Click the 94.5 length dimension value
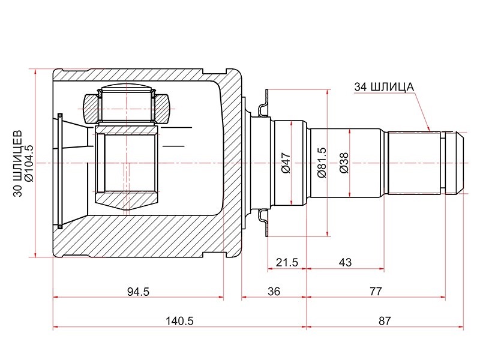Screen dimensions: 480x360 138,292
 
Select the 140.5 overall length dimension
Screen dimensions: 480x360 179,321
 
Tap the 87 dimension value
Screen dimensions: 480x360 385,321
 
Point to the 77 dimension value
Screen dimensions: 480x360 376,291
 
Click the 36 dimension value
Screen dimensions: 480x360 274,292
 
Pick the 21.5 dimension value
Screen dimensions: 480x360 287,262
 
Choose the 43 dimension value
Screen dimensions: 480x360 346,262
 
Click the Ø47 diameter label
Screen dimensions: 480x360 286,163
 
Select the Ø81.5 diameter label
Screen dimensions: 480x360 322,163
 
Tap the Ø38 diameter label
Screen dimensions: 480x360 344,163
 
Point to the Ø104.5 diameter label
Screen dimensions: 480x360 29,163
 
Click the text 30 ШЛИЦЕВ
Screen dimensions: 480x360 18,163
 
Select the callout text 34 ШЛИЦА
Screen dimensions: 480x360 384,87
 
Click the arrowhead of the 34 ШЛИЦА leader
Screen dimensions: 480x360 429,129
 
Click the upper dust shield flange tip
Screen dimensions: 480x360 266,91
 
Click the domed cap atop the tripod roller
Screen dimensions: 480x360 127,87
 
